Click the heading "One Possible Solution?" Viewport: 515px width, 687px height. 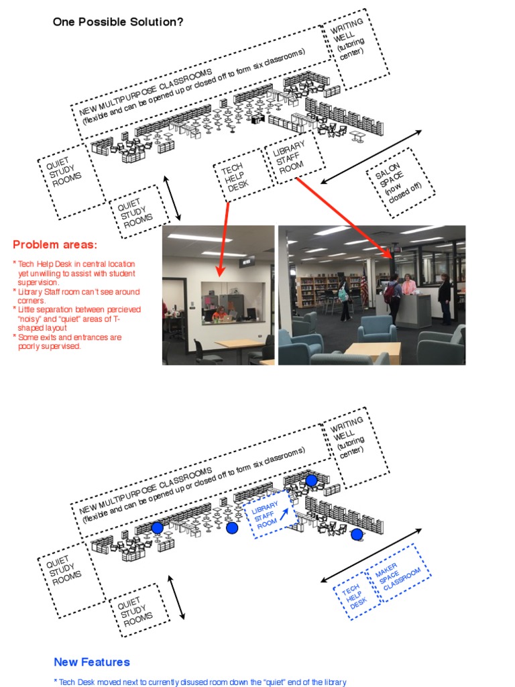coord(118,22)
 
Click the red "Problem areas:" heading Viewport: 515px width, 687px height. coord(55,244)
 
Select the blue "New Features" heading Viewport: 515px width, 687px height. coord(92,662)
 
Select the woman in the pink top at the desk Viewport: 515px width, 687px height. coord(408,288)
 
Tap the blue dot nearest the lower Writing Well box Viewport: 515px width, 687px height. coord(310,480)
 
